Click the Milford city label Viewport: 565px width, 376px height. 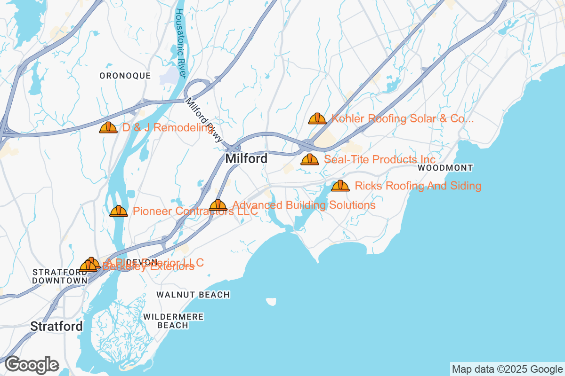point(246,159)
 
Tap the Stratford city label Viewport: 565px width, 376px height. point(56,326)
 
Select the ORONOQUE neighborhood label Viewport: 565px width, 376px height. point(125,76)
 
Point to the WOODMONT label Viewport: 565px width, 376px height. point(445,168)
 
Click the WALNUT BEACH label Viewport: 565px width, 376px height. point(193,295)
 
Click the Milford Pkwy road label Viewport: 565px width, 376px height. point(204,120)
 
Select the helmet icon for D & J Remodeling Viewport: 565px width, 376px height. point(108,127)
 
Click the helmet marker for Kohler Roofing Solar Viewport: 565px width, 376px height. point(317,118)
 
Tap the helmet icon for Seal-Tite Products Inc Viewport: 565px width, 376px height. point(310,159)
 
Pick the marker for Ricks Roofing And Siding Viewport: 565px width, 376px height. point(340,186)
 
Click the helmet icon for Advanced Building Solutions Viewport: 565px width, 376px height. point(218,205)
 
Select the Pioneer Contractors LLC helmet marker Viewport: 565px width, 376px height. point(119,211)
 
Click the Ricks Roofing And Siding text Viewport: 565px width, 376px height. point(418,186)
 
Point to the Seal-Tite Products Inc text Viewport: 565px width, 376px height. point(379,159)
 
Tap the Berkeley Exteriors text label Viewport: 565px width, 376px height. point(148,267)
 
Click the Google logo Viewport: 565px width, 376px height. point(32,365)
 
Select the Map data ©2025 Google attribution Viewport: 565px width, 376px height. point(508,369)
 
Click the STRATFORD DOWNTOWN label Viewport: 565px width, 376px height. point(60,276)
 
